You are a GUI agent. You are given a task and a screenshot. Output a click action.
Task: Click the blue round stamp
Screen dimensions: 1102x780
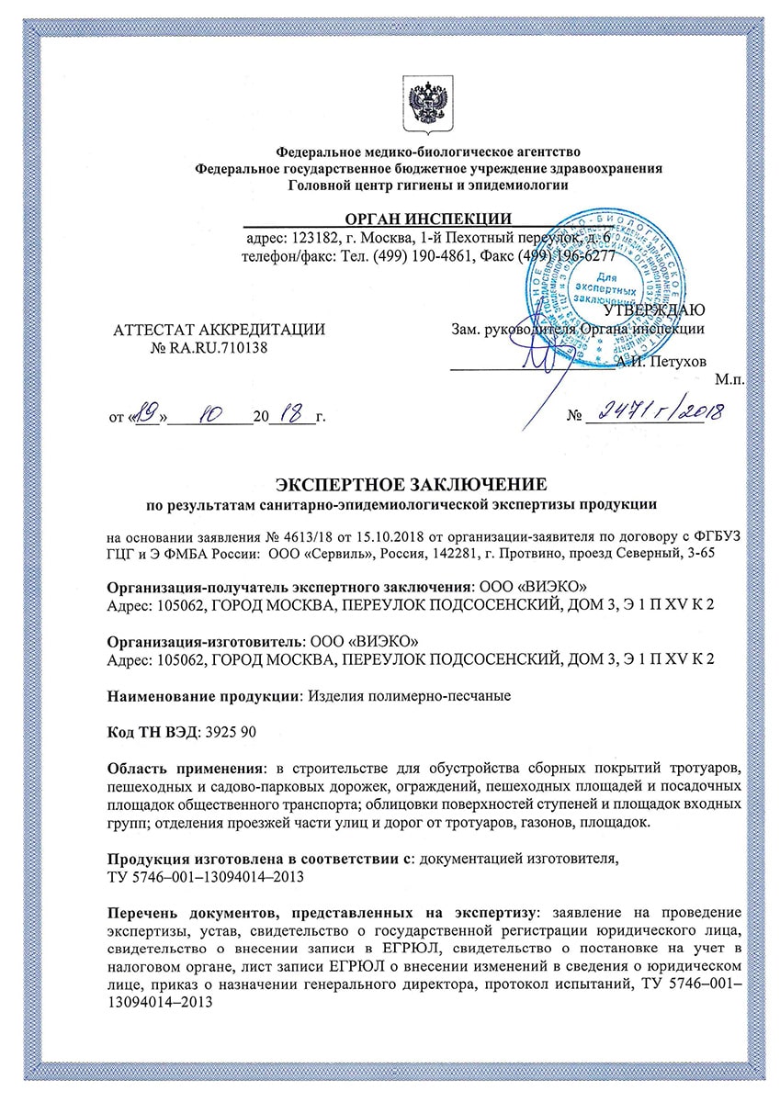(x=606, y=275)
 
